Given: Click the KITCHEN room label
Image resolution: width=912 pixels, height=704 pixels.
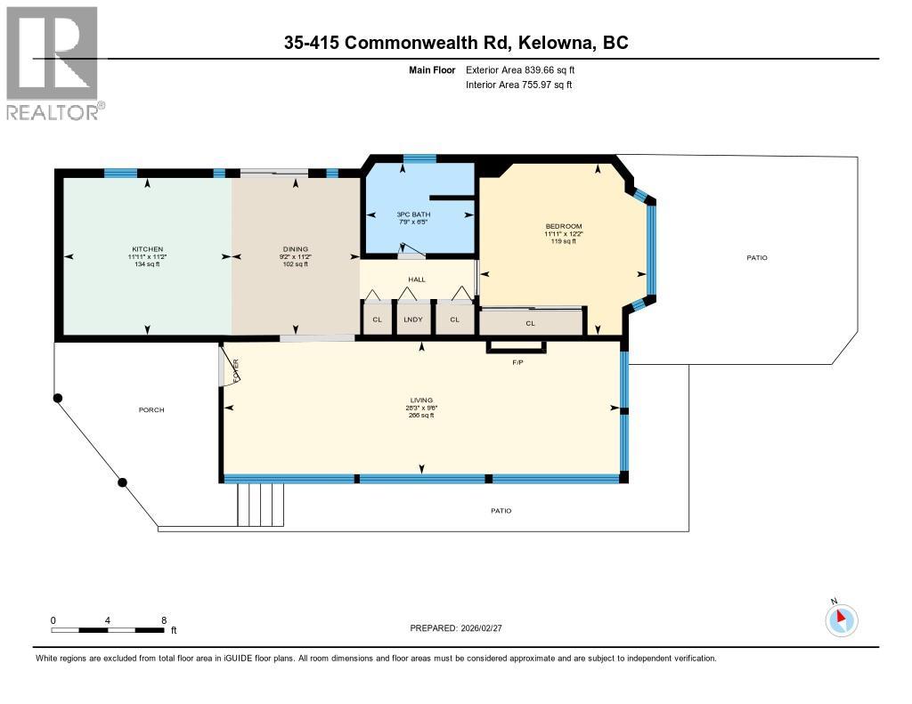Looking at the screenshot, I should [x=148, y=248].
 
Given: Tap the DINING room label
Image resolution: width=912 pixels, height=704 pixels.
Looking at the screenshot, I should [x=295, y=248].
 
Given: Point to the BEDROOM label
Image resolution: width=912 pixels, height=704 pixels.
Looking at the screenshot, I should [x=563, y=226].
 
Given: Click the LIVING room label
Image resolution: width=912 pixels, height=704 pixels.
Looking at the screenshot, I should [x=421, y=401].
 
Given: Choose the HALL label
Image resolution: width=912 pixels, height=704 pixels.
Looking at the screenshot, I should [x=417, y=279].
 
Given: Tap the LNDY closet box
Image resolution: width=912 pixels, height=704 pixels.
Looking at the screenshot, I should [x=412, y=320].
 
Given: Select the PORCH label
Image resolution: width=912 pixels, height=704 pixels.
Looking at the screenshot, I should [x=151, y=409].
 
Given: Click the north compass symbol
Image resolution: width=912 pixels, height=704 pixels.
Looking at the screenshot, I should [x=842, y=619].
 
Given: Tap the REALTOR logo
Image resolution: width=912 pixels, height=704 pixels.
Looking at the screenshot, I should [x=53, y=62].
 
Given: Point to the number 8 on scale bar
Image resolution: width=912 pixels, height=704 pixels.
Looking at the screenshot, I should [x=164, y=619].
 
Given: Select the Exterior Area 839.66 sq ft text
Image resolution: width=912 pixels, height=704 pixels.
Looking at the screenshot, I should [x=526, y=69].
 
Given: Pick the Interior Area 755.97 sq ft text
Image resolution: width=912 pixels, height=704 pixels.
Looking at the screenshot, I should [x=518, y=85].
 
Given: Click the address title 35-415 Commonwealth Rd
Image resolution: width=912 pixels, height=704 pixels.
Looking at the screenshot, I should [x=455, y=43].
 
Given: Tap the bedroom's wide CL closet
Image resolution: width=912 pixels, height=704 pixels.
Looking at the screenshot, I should [x=531, y=322].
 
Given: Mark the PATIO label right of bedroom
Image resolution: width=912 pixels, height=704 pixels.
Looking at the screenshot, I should [x=757, y=258].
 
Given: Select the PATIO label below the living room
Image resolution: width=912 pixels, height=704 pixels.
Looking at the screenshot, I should [x=501, y=511].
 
